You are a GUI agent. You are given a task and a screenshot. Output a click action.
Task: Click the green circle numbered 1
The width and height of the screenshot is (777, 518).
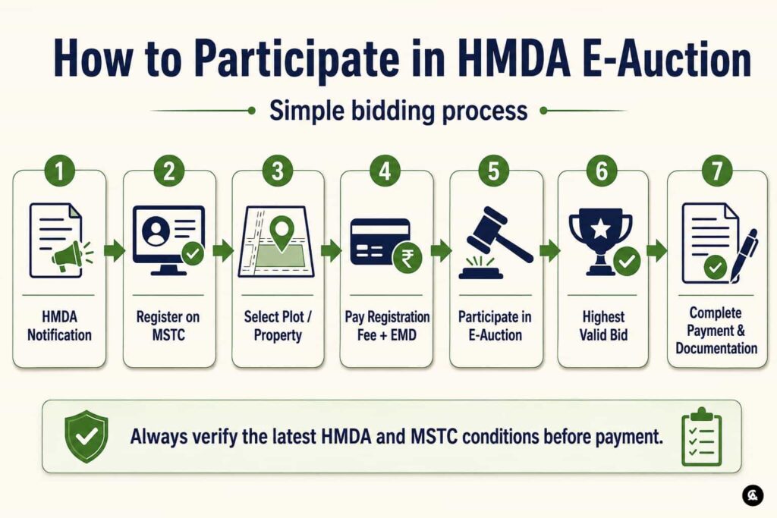[x=59, y=171]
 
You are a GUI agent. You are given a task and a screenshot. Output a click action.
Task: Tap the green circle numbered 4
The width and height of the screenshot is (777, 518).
[x=385, y=171]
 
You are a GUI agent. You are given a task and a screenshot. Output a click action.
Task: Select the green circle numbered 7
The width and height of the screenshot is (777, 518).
[x=716, y=171]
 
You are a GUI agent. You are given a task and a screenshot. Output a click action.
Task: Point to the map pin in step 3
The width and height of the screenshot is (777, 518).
[x=282, y=234]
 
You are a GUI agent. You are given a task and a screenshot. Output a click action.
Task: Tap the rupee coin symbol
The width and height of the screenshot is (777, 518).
[x=407, y=258]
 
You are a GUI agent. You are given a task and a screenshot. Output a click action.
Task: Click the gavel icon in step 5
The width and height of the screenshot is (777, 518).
[x=496, y=243]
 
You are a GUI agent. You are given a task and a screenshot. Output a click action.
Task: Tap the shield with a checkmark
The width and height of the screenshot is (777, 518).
[x=87, y=436]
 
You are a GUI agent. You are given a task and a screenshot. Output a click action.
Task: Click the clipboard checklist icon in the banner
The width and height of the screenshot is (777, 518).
[x=702, y=438]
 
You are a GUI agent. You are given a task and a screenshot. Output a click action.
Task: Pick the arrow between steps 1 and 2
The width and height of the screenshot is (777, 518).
[x=115, y=250]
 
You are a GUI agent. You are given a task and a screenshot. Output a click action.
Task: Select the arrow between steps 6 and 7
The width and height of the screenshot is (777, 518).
[x=657, y=250]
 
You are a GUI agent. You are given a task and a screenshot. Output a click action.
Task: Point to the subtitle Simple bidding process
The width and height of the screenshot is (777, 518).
[x=398, y=111]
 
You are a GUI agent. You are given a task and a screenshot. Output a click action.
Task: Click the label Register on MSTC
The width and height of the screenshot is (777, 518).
[x=168, y=326]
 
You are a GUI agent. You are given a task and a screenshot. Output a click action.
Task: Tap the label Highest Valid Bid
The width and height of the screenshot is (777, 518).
[x=603, y=326]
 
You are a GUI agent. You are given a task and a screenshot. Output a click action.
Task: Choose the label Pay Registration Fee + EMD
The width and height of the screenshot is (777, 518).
[x=387, y=326]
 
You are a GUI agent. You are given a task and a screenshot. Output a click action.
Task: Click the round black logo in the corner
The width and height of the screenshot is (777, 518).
[x=753, y=495]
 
